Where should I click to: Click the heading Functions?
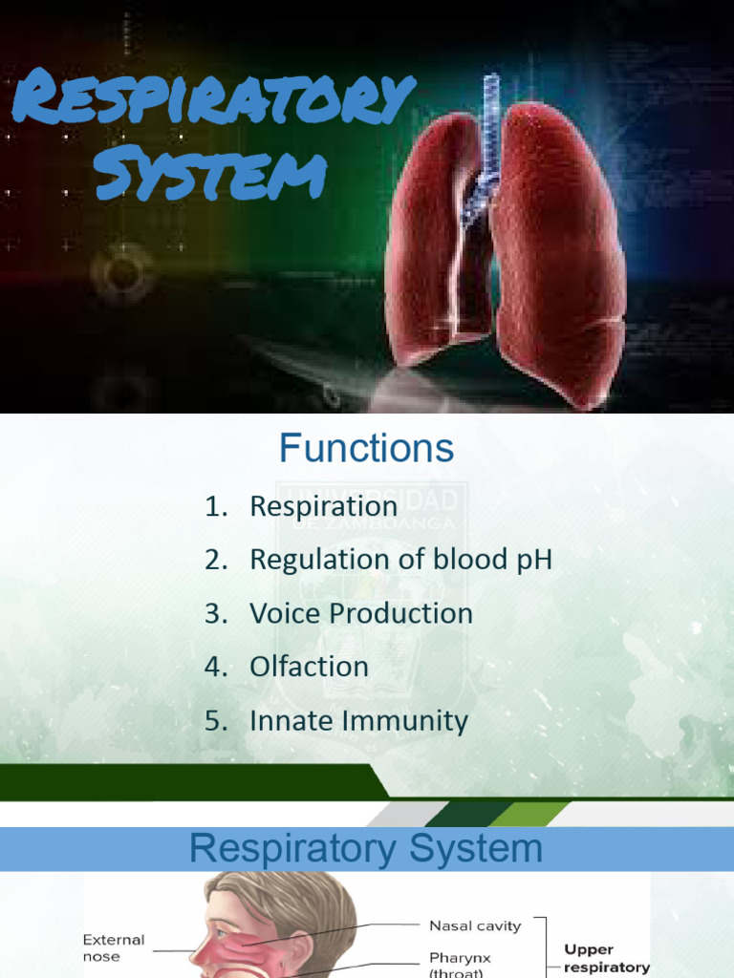(x=366, y=448)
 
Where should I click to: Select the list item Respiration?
(x=323, y=506)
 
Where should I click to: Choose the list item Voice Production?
(x=361, y=613)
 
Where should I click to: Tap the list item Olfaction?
(x=309, y=667)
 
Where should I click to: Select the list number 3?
(x=213, y=613)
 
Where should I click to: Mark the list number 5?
(x=213, y=721)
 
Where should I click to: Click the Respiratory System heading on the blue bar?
(x=366, y=848)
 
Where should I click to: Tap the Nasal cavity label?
(x=475, y=925)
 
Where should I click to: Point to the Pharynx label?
(x=461, y=957)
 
